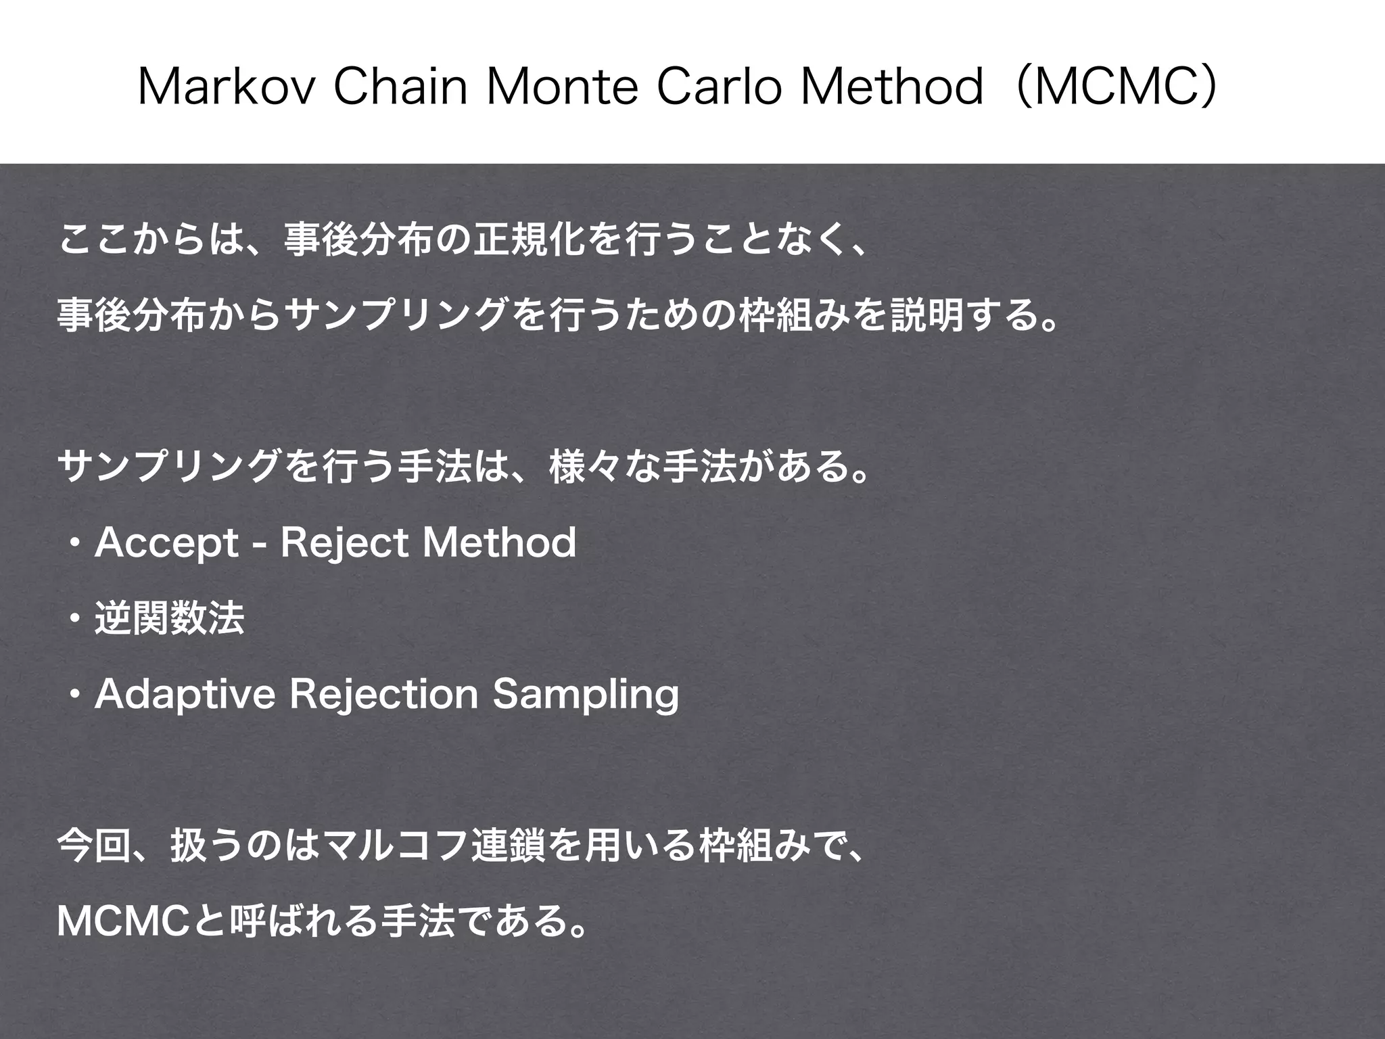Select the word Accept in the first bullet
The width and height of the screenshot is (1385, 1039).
point(166,543)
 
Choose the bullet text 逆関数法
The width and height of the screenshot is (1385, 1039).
point(169,618)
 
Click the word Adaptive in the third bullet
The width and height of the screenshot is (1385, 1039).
point(185,695)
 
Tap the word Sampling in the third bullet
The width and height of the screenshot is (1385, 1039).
point(585,695)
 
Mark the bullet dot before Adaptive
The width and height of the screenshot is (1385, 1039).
point(75,695)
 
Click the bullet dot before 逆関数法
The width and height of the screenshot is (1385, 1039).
point(75,619)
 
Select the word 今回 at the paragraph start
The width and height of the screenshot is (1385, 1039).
point(94,846)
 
